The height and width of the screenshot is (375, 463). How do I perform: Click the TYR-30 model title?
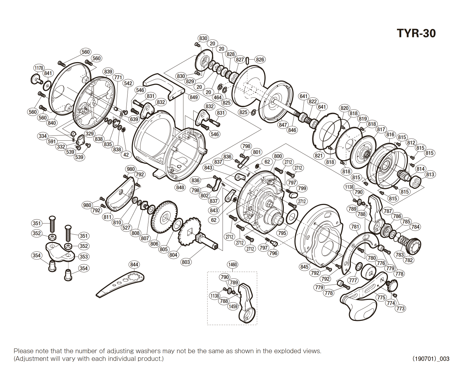416,33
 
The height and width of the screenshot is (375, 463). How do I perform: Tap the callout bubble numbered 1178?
39,68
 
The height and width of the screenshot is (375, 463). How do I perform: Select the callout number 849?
194,97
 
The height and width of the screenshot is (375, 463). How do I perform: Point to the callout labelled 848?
180,187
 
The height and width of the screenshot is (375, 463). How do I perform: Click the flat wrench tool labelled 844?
122,282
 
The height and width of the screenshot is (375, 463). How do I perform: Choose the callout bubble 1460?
232,264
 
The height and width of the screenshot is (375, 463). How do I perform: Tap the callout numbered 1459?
233,306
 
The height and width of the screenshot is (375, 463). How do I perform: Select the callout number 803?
186,262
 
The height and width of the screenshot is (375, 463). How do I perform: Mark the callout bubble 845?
304,267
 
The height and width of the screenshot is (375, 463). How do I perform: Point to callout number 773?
400,308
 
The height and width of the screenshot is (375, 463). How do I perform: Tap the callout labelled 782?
408,260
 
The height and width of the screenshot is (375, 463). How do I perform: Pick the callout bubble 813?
430,175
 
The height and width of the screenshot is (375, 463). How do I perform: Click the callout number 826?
260,60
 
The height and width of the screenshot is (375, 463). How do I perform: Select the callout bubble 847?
283,125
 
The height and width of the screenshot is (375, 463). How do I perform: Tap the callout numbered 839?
108,72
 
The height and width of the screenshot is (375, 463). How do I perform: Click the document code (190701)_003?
431,359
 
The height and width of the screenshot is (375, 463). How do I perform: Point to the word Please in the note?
23,351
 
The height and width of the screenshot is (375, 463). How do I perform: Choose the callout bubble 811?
108,217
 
